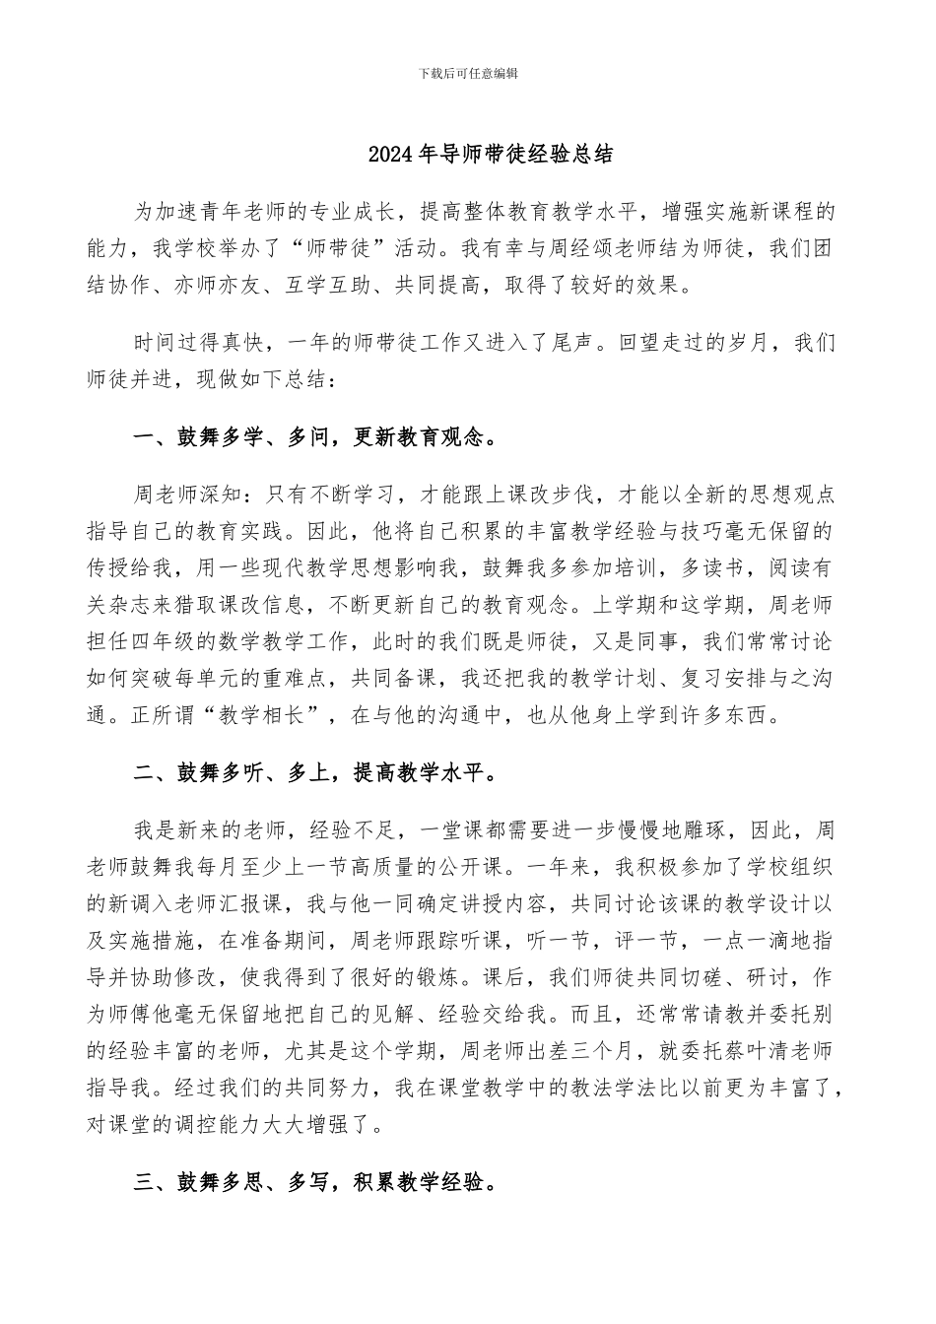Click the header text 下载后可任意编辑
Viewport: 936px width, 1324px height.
point(468,73)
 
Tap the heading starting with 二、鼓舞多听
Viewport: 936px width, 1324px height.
point(314,773)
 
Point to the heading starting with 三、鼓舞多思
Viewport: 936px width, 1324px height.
point(314,1180)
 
